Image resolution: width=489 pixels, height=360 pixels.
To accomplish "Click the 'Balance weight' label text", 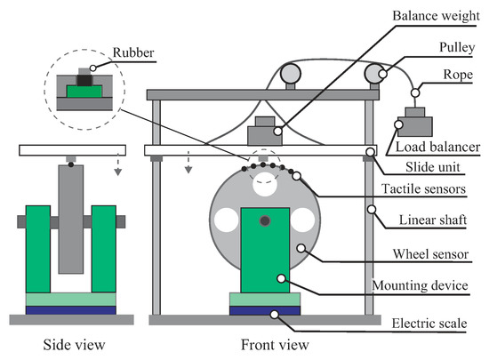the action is pos(436,16).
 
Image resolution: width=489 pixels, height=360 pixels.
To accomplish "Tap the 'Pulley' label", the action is pos(457,47).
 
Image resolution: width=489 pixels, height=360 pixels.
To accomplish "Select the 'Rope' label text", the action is pos(458,75).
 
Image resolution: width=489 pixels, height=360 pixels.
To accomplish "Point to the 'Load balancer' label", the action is pos(437,147).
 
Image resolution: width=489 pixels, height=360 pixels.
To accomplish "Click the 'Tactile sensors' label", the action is pos(423,188).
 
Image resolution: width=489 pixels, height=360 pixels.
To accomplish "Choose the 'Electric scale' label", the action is pos(429,324).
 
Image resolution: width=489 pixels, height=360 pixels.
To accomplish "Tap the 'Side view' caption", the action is pos(74,345).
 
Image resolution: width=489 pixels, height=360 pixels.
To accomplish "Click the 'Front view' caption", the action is pos(275,345).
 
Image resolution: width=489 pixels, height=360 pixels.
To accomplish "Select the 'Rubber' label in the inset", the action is pos(133,52).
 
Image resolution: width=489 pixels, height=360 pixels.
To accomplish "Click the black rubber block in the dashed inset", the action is pos(84,80).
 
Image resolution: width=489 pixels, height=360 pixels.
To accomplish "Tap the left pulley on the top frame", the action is pos(291,74).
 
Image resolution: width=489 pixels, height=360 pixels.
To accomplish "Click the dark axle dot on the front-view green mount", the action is pos(265,221).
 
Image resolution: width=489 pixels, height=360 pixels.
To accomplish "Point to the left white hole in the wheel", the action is pos(227,220).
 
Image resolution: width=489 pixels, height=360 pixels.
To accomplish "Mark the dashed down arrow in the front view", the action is pos(188,162).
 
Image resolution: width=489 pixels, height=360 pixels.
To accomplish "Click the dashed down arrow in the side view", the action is pos(117,164).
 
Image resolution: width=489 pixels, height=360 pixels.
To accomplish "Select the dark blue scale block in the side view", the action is pos(71,310).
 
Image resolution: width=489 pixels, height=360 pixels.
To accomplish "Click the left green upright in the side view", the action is pos(38,249).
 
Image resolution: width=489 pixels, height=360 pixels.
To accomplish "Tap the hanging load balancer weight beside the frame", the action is pos(415,122).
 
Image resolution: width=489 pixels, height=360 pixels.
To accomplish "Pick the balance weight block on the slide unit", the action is pos(265,131).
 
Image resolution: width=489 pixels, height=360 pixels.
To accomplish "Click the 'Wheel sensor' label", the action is pos(430,254).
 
